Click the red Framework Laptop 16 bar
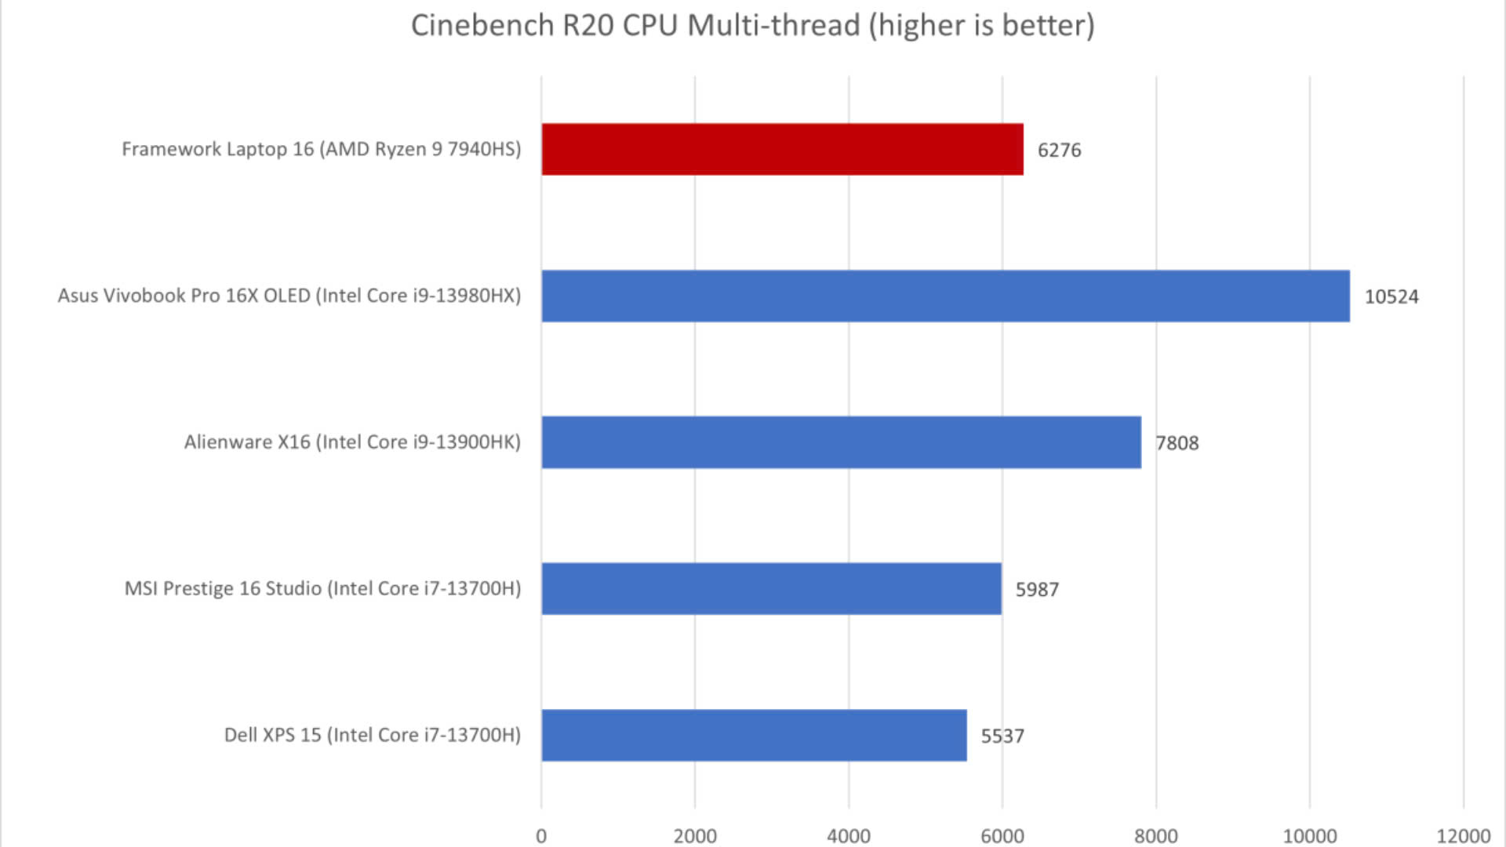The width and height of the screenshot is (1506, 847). [x=782, y=149]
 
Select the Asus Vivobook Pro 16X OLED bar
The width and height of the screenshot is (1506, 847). [x=945, y=296]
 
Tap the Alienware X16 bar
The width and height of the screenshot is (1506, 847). [x=841, y=442]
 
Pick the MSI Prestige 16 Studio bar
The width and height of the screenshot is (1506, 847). [x=771, y=588]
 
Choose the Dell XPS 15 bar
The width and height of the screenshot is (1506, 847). [x=754, y=735]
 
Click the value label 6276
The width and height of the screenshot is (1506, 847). [x=1059, y=150]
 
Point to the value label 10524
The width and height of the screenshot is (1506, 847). [x=1391, y=296]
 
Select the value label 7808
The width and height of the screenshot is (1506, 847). [x=1177, y=443]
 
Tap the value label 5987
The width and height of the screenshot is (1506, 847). [x=1037, y=590]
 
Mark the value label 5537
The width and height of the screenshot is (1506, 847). [x=1002, y=736]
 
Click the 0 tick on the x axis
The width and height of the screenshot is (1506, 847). [x=541, y=836]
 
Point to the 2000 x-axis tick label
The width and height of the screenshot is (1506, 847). [x=695, y=836]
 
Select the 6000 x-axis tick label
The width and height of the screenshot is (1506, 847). [x=1002, y=836]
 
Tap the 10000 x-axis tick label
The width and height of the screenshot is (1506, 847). [x=1309, y=836]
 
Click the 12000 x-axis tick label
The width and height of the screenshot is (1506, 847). [x=1463, y=836]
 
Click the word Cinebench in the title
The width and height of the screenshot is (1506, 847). [x=482, y=25]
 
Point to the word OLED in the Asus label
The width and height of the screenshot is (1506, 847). [x=286, y=296]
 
